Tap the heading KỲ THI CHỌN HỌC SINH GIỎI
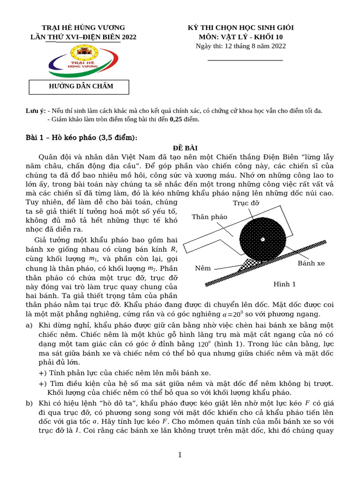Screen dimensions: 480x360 click(x=240, y=28)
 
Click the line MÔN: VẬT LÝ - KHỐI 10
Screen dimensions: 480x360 click(x=240, y=37)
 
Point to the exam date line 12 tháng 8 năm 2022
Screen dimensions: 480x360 click(x=240, y=46)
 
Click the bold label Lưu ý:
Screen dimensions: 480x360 click(x=35, y=111)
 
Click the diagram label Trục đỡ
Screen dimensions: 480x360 click(x=246, y=202)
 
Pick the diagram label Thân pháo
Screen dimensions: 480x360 click(x=209, y=217)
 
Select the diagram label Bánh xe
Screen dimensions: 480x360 click(x=311, y=263)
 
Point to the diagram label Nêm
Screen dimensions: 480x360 click(x=202, y=269)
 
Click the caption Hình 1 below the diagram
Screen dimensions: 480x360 click(x=285, y=284)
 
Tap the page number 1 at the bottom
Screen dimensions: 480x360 click(x=180, y=455)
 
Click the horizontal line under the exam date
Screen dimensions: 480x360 click(x=245, y=60)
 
